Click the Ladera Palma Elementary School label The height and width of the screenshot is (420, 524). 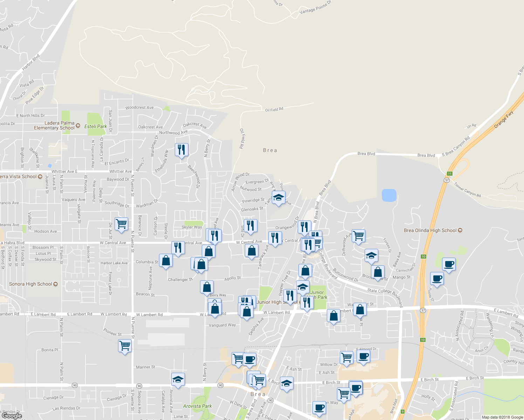coord(54,125)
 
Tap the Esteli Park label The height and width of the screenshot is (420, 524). coord(96,126)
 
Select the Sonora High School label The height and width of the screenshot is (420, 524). coord(30,284)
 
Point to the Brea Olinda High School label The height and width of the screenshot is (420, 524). coord(430,230)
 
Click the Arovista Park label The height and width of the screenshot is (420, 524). coord(197,406)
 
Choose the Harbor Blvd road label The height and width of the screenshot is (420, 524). coord(31,62)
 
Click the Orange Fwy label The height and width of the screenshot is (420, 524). coord(504,119)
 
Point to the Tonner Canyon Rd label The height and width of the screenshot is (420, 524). coord(467,189)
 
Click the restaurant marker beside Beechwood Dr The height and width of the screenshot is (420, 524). coord(181,150)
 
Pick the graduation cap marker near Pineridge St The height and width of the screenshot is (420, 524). coord(278,198)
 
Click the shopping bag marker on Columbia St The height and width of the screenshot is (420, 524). coord(166,260)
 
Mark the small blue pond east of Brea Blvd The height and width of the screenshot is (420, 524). coord(389,195)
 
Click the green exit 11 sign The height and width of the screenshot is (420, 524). coord(450,174)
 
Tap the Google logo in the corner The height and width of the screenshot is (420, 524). coord(12,416)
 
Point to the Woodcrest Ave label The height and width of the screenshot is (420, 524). coord(139,107)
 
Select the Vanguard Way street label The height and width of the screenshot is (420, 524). coord(222,325)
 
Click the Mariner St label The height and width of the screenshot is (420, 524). coord(145,367)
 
